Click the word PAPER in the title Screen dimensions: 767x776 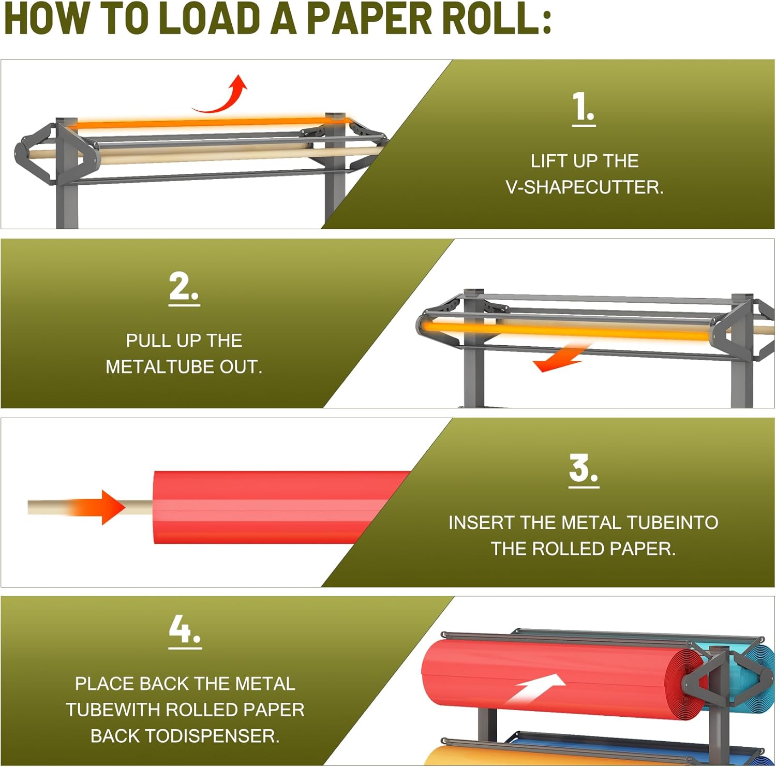(369, 19)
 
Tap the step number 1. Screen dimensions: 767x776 (583, 108)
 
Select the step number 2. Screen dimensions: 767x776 (183, 287)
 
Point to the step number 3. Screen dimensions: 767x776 (583, 469)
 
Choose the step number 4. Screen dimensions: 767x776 (184, 630)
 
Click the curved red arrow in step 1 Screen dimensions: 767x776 (222, 96)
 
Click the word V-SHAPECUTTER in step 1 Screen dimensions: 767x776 (584, 187)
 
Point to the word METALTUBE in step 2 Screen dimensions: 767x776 (160, 367)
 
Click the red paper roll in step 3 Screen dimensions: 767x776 (269, 507)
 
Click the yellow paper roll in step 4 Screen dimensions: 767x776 (466, 757)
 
